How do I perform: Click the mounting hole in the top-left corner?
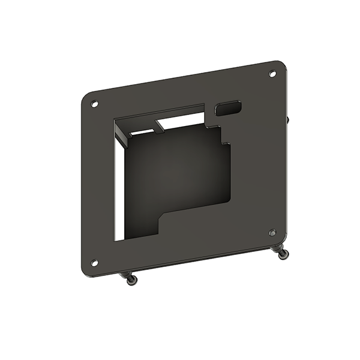[93, 103]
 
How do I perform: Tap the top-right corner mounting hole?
[272, 74]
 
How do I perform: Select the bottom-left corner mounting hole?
[94, 262]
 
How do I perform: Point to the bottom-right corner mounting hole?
[272, 232]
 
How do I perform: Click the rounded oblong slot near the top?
[229, 108]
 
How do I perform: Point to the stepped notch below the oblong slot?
[223, 135]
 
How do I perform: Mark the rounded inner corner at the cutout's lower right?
[228, 201]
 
